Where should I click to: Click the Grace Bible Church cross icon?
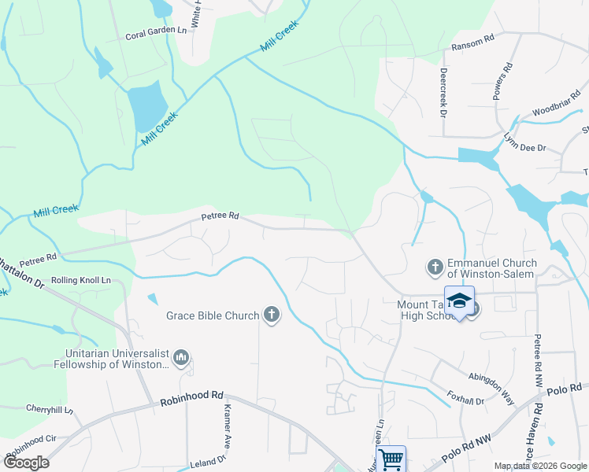point(272,315)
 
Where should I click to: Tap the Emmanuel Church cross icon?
point(435,268)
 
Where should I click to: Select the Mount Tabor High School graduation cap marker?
point(459,301)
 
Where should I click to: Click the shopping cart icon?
point(391,458)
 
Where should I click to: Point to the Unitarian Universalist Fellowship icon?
point(181,359)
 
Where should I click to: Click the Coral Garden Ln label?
point(157,36)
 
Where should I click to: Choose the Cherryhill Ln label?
point(50,410)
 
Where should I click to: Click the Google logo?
point(26,463)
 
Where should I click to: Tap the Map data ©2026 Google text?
point(539,466)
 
